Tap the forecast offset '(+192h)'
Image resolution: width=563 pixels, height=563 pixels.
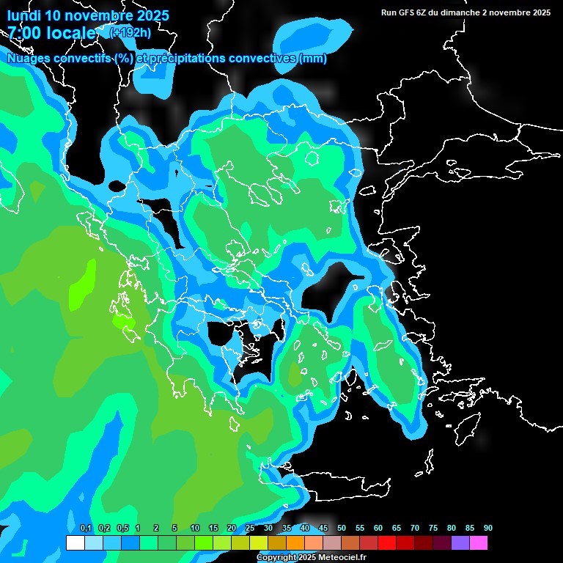tap(130, 32)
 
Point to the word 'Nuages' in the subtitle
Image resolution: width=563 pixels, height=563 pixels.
tap(29, 59)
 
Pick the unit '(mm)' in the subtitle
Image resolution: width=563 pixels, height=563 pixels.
tap(313, 59)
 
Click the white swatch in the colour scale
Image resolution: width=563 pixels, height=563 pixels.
tap(75, 542)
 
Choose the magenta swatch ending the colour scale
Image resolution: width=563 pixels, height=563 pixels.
tap(478, 542)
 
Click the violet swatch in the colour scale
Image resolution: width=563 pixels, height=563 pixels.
tap(460, 542)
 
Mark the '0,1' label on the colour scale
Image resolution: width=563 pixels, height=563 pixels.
tap(86, 529)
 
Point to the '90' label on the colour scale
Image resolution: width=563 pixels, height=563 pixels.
tap(488, 529)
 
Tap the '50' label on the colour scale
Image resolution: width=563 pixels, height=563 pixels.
tap(342, 529)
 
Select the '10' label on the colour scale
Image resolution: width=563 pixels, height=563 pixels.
tap(195, 529)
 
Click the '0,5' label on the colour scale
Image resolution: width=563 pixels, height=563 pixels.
tap(122, 529)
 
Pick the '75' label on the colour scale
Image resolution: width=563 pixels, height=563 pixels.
tap(433, 529)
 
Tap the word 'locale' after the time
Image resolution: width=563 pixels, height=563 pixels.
tap(73, 33)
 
